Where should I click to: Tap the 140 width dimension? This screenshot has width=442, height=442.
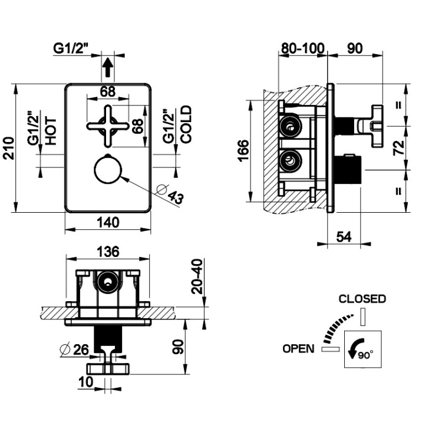[x=108, y=222]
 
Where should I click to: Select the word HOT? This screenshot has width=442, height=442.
[x=51, y=131]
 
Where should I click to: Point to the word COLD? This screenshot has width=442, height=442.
[x=186, y=124]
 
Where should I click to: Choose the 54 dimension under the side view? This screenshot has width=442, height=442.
[x=344, y=236]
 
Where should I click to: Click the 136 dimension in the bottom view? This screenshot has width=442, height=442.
[x=107, y=252]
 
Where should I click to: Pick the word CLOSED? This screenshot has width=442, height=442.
[x=362, y=299]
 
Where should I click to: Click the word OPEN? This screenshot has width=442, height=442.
[x=298, y=348]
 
